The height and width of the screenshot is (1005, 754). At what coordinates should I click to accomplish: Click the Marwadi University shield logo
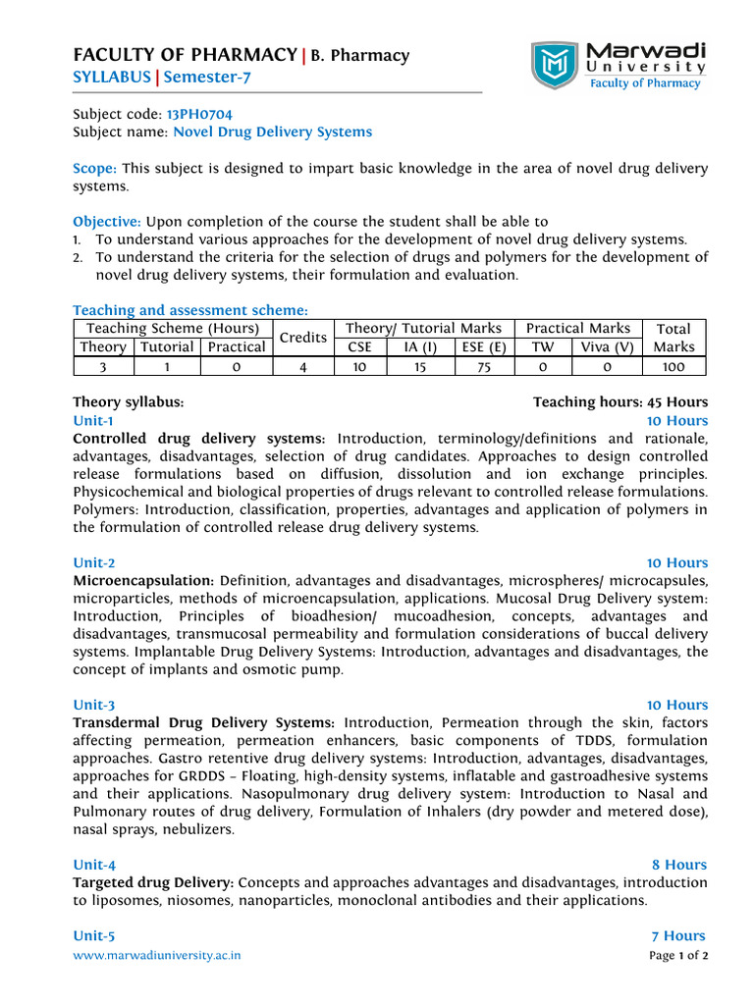coord(556,66)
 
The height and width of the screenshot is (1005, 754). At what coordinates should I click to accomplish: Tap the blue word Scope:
coord(95,169)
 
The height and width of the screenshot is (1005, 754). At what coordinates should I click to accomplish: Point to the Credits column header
coord(302,338)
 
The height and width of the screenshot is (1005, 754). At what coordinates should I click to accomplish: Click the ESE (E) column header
coord(484,346)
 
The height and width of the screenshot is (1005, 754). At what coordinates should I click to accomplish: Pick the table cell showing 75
coord(484,366)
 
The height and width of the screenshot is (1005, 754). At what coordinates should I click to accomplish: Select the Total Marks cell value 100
coord(674,366)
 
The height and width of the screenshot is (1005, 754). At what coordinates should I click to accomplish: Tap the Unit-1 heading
coord(94,420)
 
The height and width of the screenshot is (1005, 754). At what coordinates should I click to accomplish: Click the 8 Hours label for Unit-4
coord(679,865)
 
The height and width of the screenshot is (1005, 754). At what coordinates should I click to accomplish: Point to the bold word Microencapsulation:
coord(144,581)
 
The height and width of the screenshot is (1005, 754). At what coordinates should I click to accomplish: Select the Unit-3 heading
coord(94,705)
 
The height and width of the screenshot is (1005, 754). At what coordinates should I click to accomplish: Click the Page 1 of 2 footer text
coord(678,955)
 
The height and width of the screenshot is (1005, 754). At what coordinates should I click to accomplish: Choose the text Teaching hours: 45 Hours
coord(619,401)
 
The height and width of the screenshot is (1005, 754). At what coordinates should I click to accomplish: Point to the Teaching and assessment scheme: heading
coord(190,310)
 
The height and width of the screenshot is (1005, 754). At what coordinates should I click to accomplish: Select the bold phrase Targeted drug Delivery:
coord(153,882)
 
